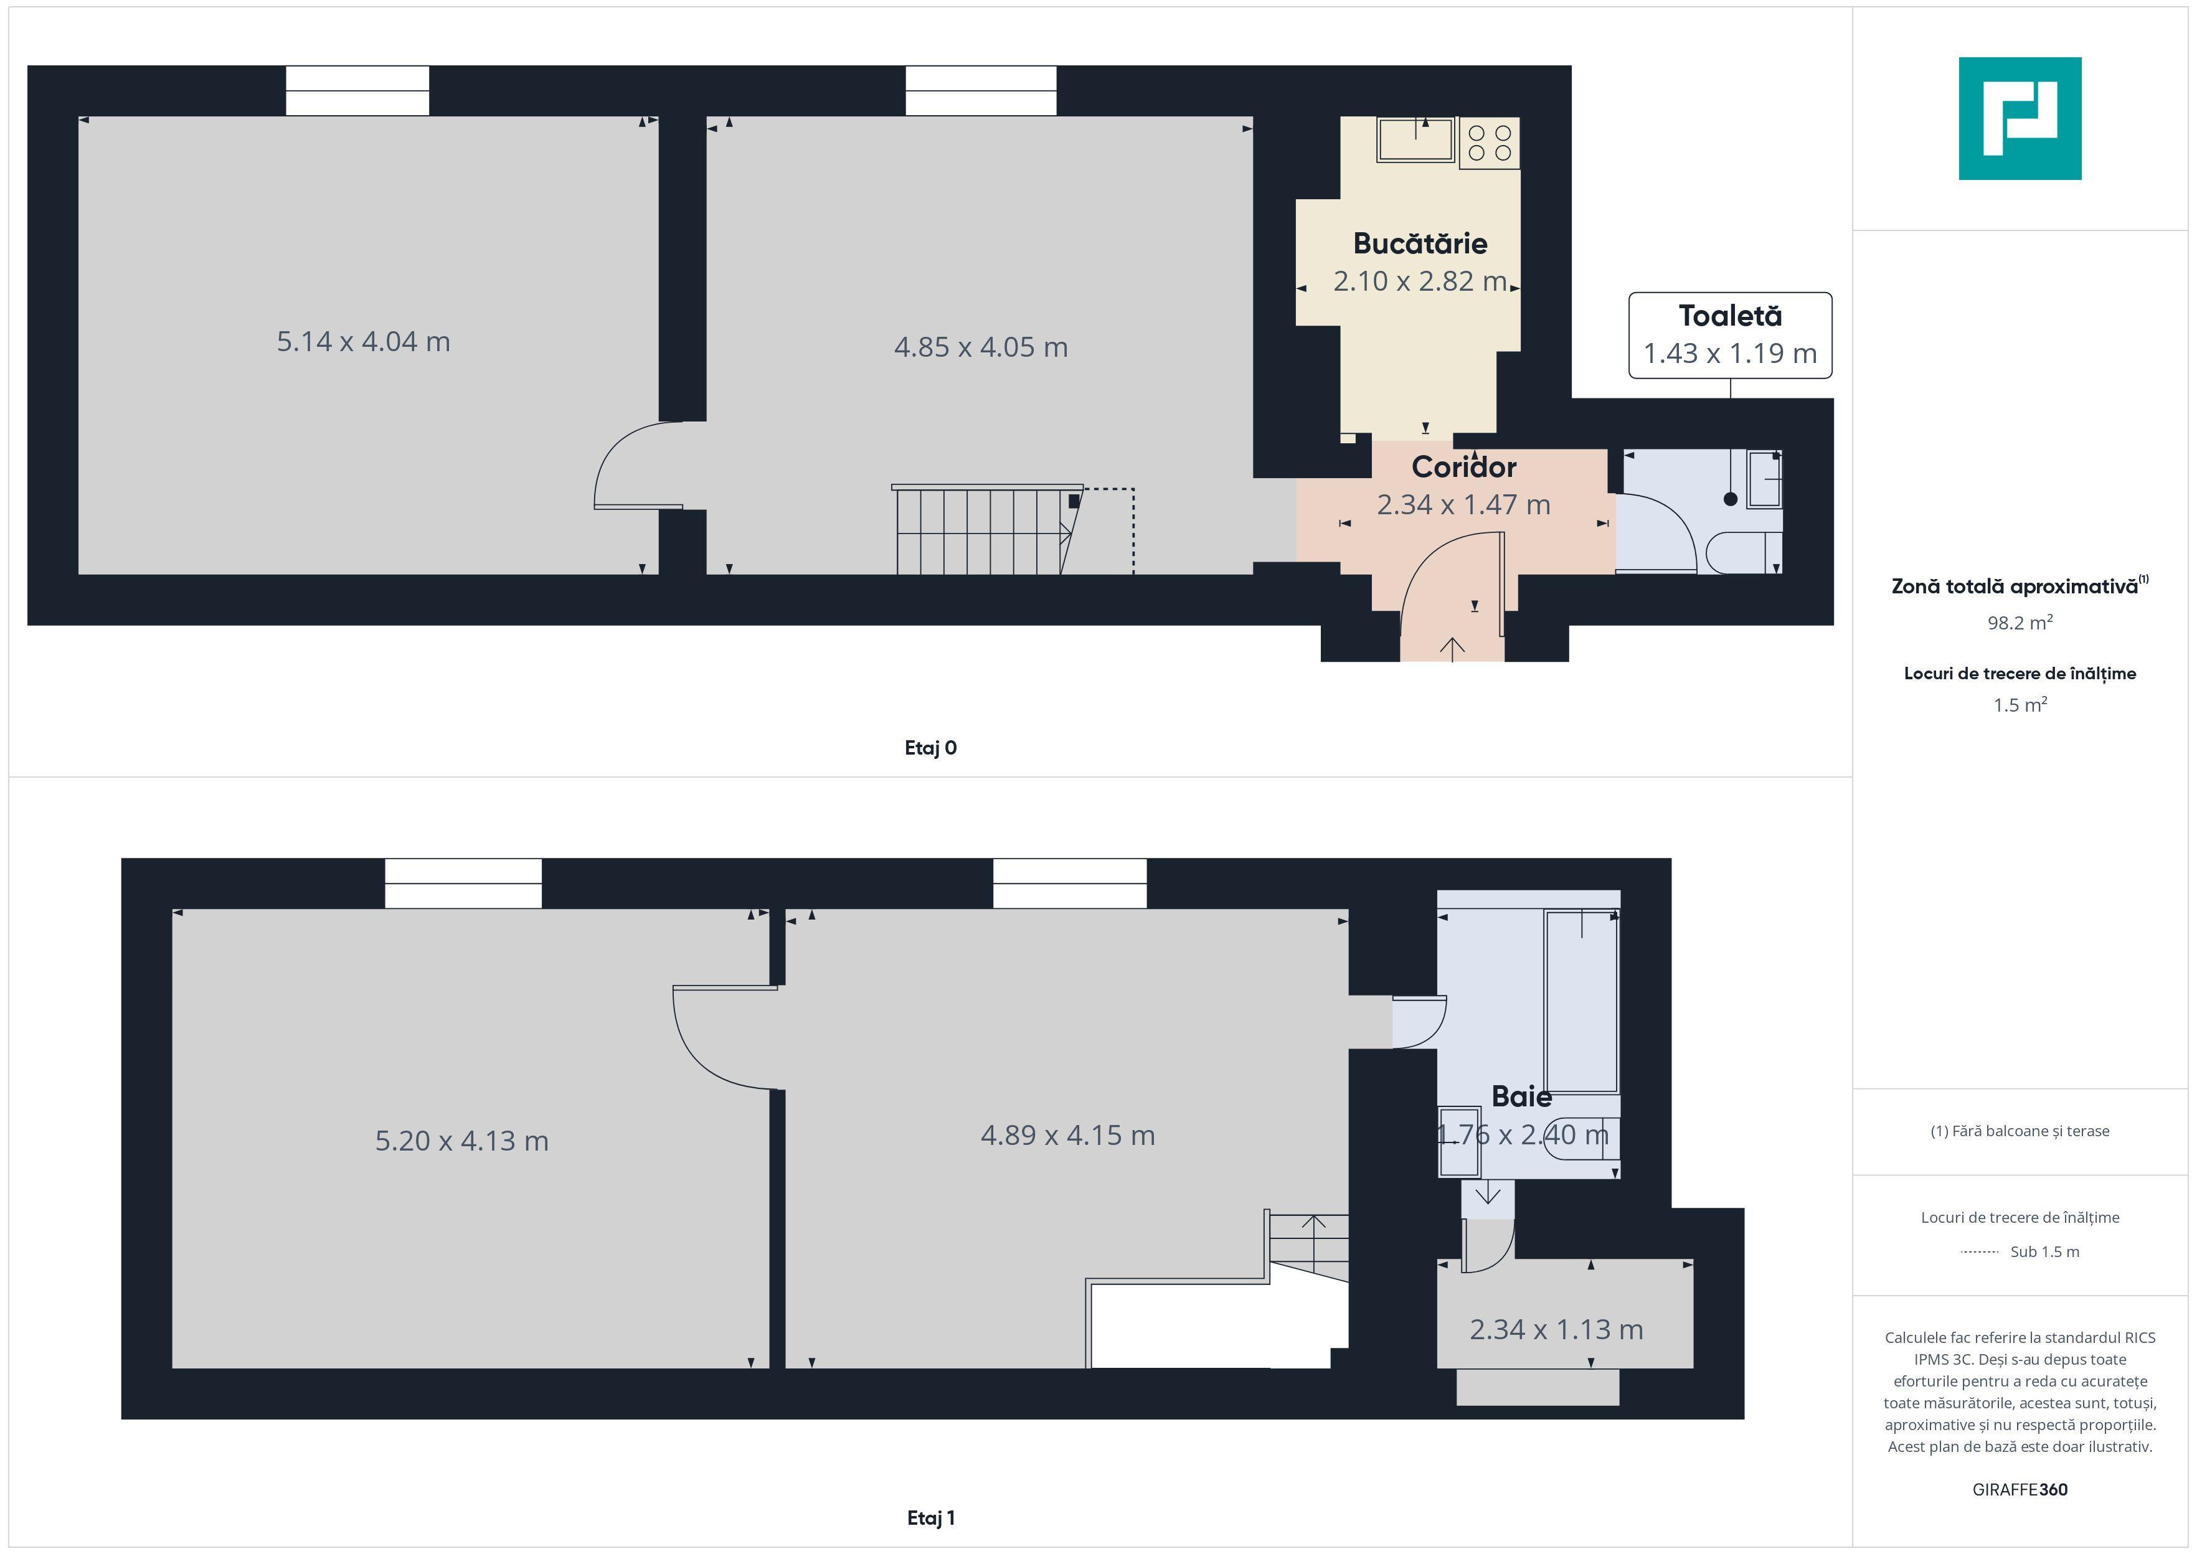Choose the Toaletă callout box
(x=1729, y=335)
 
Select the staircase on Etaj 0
(x=986, y=531)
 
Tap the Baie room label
(x=1521, y=1096)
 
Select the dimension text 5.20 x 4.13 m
(x=461, y=1141)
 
